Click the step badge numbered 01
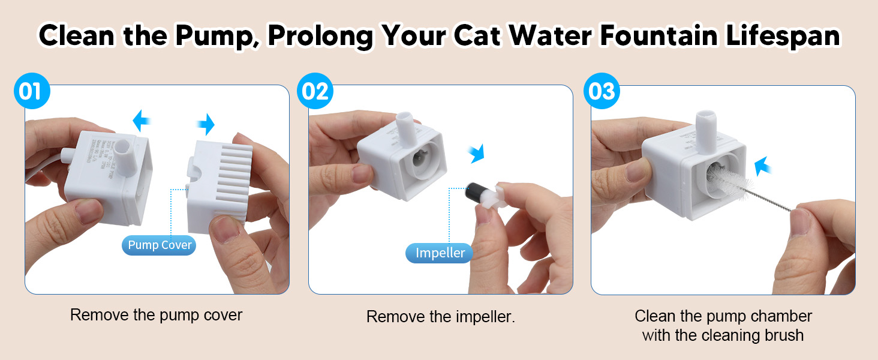31,92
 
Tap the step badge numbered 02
315,92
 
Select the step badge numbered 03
602,92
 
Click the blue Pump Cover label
160,245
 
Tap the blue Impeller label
440,253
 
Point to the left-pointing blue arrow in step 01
142,119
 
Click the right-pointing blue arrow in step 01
206,125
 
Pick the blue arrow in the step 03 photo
762,166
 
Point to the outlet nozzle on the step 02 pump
406,128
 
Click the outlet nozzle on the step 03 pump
706,127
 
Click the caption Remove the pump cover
157,315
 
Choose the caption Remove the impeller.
441,317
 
